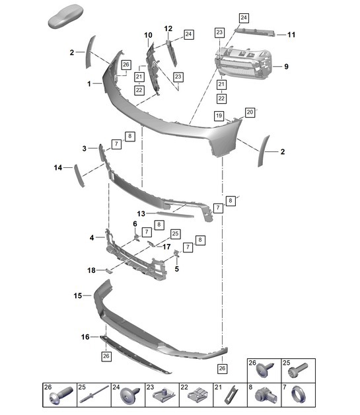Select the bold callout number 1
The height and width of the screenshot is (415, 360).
click(89, 84)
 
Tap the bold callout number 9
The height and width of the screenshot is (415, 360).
click(286, 66)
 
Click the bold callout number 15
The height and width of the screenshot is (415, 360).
click(77, 295)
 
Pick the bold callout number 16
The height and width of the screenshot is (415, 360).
click(85, 337)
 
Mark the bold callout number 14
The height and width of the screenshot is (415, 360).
click(57, 168)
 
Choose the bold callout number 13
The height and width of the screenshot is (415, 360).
click(141, 213)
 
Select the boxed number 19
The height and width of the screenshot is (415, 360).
click(217, 115)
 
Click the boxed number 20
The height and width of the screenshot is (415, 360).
click(250, 112)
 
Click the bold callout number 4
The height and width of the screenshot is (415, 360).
click(92, 237)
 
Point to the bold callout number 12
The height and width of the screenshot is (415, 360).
click(168, 28)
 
